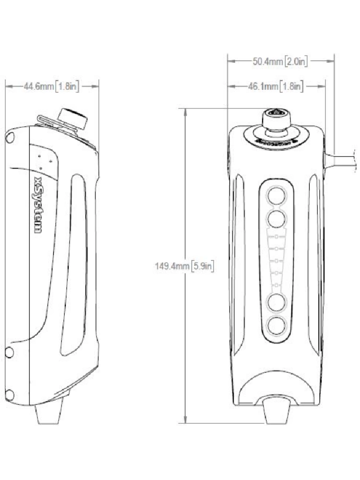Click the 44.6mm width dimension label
point(51,86)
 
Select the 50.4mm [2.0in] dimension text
point(281,61)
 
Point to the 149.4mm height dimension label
point(184,265)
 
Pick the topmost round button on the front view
point(276,196)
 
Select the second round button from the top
point(276,219)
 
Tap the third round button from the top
point(276,303)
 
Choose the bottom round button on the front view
point(276,326)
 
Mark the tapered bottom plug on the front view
point(277,412)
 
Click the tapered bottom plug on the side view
point(50,412)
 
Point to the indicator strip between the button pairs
point(276,261)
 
